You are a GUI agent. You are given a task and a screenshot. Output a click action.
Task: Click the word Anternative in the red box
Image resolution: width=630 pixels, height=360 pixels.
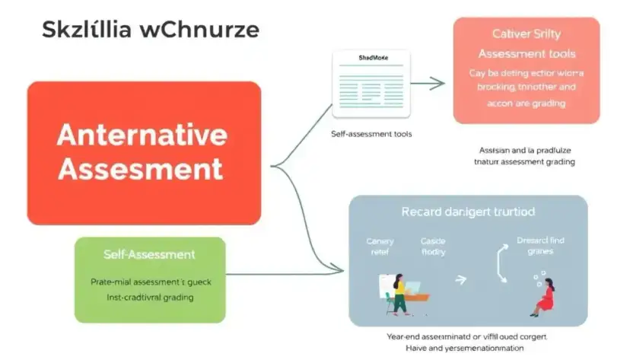pyautogui.click(x=142, y=135)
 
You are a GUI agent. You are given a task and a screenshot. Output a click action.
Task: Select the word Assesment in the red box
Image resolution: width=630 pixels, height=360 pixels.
pyautogui.click(x=142, y=168)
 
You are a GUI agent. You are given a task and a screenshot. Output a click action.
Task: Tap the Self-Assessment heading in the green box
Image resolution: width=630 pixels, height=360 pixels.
pyautogui.click(x=149, y=254)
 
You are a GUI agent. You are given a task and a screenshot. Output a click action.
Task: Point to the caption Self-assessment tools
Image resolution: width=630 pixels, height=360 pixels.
pyautogui.click(x=371, y=133)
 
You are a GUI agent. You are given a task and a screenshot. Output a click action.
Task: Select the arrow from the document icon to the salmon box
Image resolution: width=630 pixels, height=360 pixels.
pyautogui.click(x=428, y=83)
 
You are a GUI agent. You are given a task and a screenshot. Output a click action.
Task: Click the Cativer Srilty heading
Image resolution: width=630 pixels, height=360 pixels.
pyautogui.click(x=526, y=33)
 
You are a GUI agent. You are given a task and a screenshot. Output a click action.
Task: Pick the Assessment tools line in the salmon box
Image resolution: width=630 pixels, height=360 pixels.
pyautogui.click(x=526, y=54)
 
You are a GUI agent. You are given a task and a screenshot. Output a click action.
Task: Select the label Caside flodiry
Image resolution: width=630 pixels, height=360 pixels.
pyautogui.click(x=433, y=246)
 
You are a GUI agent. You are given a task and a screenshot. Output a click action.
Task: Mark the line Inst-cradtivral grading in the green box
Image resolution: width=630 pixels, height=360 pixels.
pyautogui.click(x=149, y=298)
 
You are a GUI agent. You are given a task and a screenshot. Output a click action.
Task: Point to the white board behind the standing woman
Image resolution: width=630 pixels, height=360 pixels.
pyautogui.click(x=386, y=284)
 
